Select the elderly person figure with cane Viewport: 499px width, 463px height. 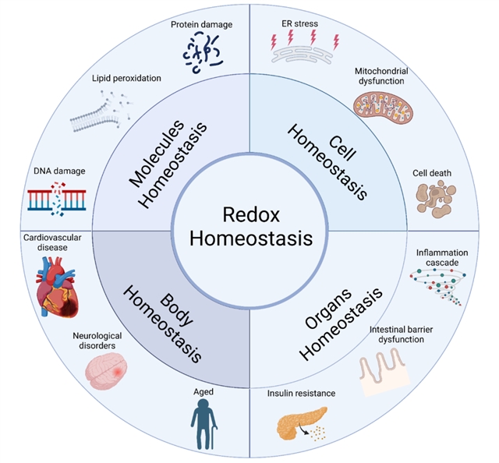204,425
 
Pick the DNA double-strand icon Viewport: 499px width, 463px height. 55,200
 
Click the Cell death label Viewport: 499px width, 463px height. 433,172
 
